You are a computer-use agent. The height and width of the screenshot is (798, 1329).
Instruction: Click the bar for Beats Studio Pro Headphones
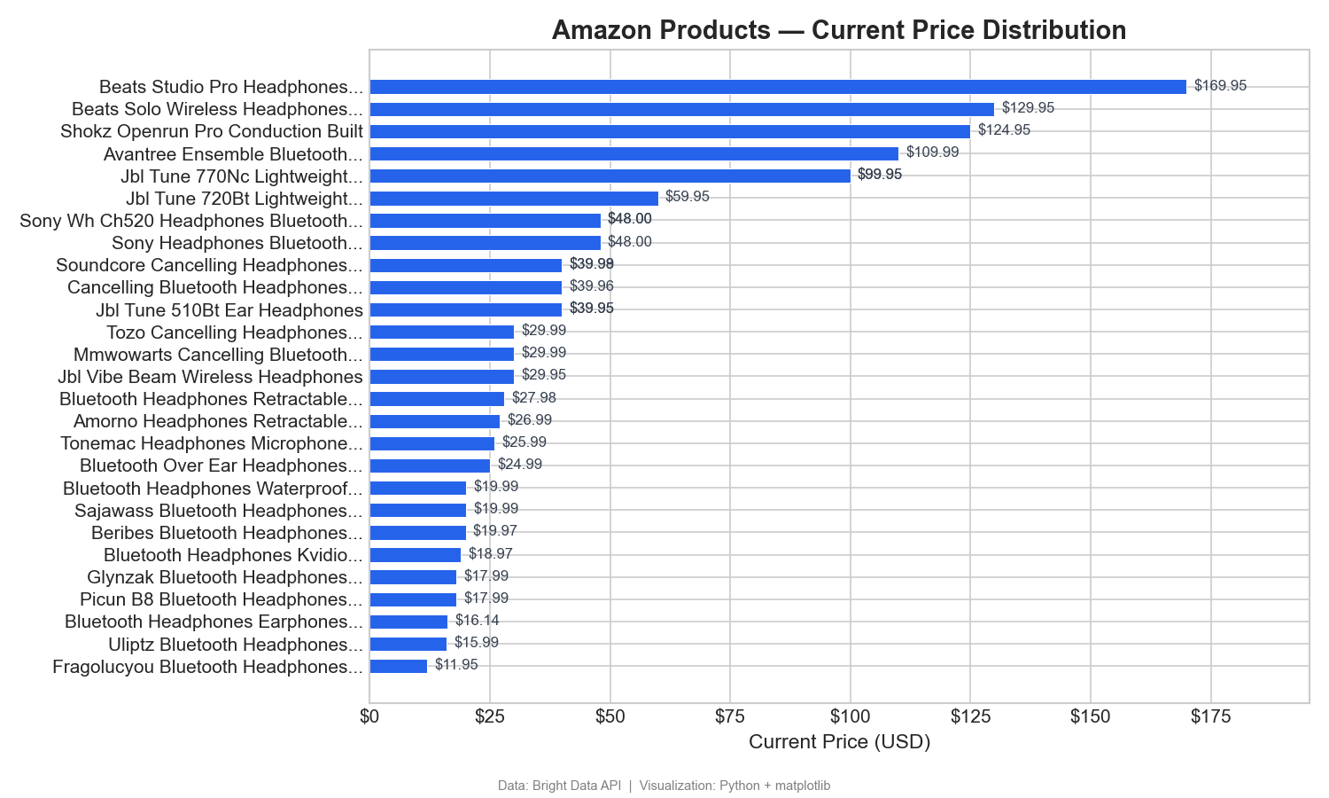(x=777, y=87)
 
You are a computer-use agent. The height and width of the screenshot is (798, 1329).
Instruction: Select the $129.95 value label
(x=1028, y=108)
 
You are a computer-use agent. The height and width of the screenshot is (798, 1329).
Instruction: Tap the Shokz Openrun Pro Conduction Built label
(x=212, y=131)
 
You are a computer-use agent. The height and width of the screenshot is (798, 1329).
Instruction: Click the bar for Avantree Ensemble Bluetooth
(x=633, y=153)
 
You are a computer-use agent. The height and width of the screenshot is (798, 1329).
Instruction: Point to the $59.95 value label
(x=687, y=197)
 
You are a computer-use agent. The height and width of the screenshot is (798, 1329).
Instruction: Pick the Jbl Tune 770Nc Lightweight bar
(x=610, y=176)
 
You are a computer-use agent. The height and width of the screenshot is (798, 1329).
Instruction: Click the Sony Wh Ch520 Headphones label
(x=191, y=221)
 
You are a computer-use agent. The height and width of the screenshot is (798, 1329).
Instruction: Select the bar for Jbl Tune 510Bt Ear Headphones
(x=465, y=309)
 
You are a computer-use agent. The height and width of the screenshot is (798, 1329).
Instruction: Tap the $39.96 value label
(x=591, y=286)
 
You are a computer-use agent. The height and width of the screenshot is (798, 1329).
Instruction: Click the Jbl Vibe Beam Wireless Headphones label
(x=210, y=377)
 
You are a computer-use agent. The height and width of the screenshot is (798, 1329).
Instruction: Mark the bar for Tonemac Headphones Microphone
(x=431, y=443)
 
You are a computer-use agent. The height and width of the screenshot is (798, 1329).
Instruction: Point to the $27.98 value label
(x=533, y=398)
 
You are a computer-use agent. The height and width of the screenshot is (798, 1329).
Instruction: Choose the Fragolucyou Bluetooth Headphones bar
(x=398, y=666)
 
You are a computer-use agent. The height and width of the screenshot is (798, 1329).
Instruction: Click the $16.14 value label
(x=477, y=621)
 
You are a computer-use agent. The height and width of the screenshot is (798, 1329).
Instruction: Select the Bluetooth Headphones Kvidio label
(x=233, y=555)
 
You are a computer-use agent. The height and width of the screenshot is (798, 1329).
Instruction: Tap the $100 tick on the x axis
(x=850, y=717)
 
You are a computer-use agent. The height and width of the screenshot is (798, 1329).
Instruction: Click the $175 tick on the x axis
(x=1210, y=717)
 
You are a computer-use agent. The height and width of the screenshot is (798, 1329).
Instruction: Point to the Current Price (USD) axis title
(x=839, y=742)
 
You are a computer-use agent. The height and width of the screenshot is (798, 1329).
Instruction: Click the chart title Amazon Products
(x=838, y=30)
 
